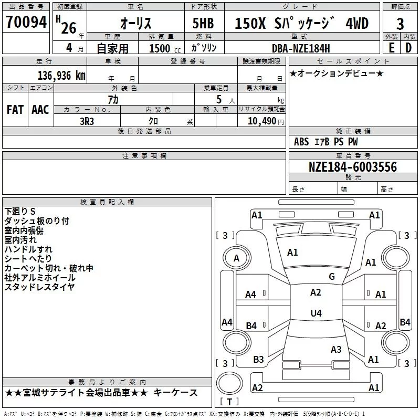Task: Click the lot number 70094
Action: (26, 22)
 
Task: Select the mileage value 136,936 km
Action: (61, 76)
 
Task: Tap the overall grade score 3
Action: (400, 24)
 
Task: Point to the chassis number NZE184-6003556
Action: (353, 167)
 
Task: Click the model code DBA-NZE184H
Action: (301, 48)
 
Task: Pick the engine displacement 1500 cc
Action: (165, 48)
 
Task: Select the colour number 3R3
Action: (87, 121)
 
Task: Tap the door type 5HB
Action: (203, 23)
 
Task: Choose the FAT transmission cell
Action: (15, 110)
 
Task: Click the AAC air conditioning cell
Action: (40, 110)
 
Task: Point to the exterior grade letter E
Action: (391, 48)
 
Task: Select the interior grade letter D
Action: (408, 48)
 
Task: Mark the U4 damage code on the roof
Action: (316, 313)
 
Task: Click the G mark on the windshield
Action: (332, 277)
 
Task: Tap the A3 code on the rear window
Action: (336, 349)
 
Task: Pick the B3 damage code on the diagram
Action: (258, 360)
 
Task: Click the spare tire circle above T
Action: (229, 383)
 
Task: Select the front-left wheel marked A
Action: (237, 258)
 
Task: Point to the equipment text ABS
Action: (301, 142)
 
